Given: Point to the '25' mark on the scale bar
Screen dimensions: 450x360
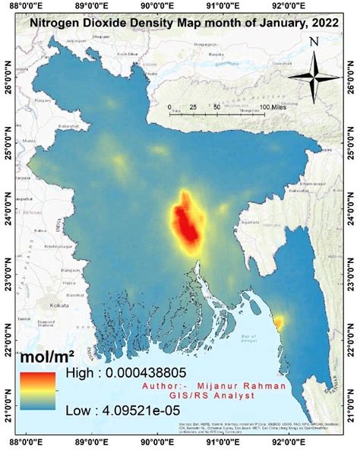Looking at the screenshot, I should tap(193, 108).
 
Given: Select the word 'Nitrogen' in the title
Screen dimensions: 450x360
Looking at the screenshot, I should tap(54, 24).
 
